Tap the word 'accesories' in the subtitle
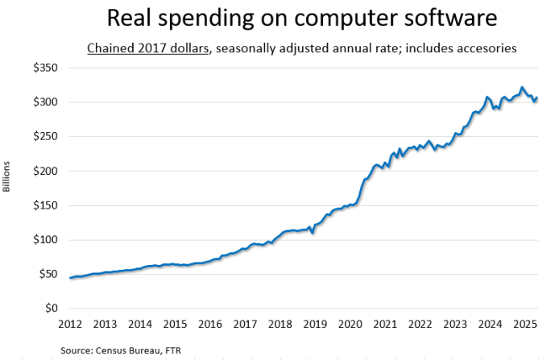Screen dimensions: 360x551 pos(480,49)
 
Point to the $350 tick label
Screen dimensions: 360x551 pos(44,68)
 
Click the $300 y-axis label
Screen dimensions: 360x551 pos(44,102)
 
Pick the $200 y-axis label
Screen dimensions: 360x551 pos(44,171)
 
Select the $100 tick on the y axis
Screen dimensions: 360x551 pos(44,240)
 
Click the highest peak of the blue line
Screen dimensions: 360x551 pos(522,87)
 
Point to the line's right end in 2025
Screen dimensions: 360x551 pos(537,97)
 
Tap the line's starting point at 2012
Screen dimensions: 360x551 pos(71,278)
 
